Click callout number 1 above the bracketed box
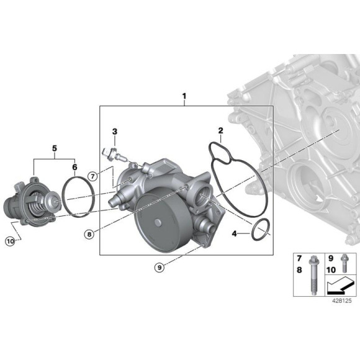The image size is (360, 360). point(184,96)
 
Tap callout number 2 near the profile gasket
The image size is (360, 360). point(220,131)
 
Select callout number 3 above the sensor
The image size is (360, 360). point(115,132)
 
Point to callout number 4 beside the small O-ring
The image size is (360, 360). point(235,234)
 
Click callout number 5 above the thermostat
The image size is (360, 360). point(54,148)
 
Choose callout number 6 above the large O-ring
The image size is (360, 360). point(74,167)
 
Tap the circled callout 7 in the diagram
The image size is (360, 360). point(92,176)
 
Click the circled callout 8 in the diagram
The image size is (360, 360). point(90,234)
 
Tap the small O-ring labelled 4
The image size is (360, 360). point(261,230)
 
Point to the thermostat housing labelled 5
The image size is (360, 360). point(28,202)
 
